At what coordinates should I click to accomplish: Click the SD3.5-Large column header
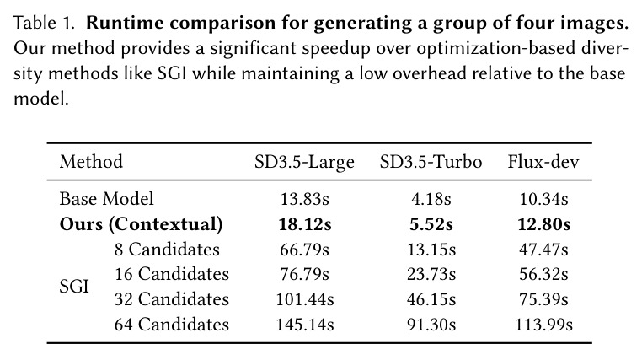coord(304,162)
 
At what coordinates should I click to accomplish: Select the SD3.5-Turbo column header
coord(431,162)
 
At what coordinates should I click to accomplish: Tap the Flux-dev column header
coord(543,162)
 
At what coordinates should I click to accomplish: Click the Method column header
coord(91,162)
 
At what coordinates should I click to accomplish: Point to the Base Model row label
coord(106,199)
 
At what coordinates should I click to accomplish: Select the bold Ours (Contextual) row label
coord(142,224)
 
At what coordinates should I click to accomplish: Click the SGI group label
coord(74,287)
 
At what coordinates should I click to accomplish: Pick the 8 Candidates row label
coord(167,250)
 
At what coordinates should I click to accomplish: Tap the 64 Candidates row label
coord(172,325)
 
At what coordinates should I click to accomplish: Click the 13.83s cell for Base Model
coord(305,200)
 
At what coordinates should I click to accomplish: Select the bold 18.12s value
coord(305,224)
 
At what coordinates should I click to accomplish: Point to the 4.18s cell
coord(431,200)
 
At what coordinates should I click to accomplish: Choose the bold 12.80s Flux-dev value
coord(543,224)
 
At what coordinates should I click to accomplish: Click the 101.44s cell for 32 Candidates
coord(305,299)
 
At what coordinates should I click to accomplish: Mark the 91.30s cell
coord(431,325)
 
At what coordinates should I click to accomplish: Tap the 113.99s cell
coord(543,325)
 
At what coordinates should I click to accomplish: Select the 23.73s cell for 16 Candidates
coord(431,274)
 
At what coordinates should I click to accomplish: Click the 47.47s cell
coord(543,250)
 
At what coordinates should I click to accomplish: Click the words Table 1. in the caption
coord(44,23)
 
